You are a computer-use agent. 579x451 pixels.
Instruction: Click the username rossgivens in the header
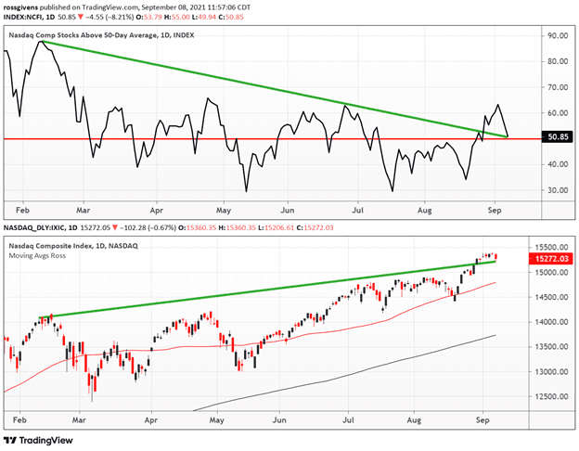click(26, 5)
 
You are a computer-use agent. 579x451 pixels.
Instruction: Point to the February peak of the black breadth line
click(40, 42)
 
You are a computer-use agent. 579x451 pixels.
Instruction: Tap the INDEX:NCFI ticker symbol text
click(21, 15)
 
